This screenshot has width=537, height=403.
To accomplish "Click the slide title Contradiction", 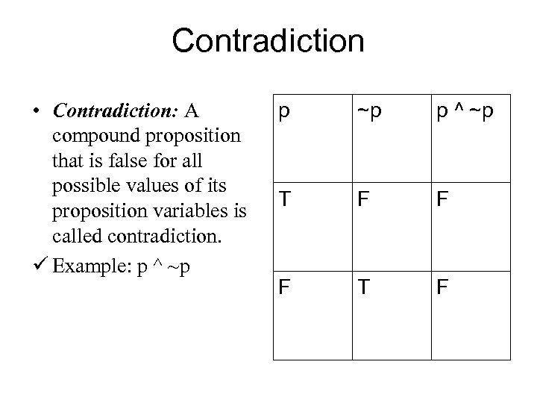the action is click(268, 41).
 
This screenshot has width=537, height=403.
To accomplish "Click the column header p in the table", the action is click(283, 113).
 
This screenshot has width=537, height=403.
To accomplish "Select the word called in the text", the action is click(75, 237).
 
